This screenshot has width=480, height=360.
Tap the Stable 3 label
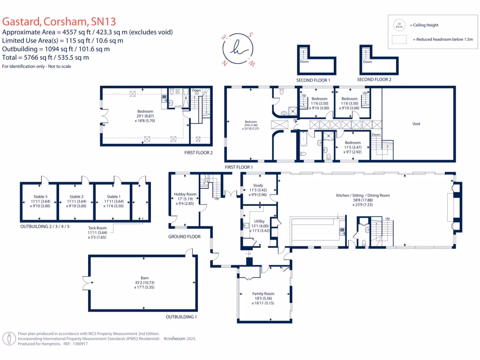click(40, 196)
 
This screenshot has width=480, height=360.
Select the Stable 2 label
click(76, 196)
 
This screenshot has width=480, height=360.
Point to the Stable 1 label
click(113, 196)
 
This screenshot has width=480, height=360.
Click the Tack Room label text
click(98, 228)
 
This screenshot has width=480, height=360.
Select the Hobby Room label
click(185, 194)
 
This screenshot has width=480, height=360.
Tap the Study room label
click(258, 186)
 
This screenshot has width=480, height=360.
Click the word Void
click(416, 124)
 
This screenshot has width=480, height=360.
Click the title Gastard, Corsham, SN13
click(59, 22)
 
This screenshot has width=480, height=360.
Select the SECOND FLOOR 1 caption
click(313, 80)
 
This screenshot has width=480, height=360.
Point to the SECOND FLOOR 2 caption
click(374, 80)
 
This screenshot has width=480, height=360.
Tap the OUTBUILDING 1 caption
click(181, 317)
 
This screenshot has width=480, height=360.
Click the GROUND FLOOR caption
click(184, 237)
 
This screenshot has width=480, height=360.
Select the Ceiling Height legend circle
click(399, 24)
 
